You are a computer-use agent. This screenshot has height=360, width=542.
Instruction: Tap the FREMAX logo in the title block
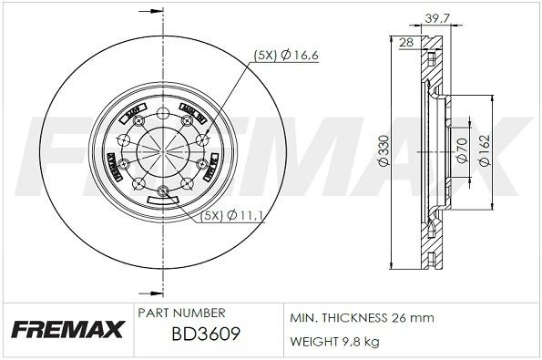65,329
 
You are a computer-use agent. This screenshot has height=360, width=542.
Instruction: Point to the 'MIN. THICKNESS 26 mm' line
362,319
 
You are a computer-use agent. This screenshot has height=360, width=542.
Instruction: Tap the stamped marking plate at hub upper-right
192,115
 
